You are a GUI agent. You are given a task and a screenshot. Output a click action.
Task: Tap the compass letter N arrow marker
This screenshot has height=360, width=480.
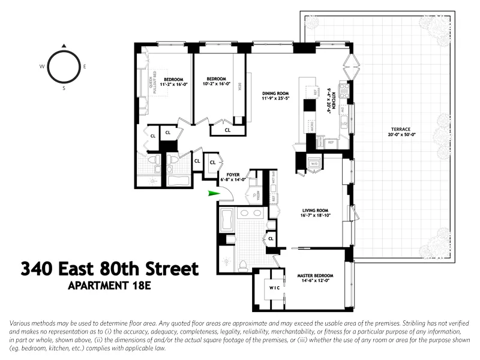(x=64, y=45)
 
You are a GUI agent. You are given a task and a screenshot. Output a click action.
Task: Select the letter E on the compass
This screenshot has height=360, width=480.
(x=85, y=66)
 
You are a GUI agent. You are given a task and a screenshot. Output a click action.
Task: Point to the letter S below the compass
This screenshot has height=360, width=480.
(x=64, y=88)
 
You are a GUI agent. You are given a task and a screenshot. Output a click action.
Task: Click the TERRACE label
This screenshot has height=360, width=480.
(x=398, y=129)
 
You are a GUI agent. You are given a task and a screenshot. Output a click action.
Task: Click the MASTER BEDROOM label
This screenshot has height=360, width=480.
(x=315, y=276)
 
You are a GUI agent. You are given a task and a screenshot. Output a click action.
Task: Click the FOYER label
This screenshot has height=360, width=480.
(x=233, y=175)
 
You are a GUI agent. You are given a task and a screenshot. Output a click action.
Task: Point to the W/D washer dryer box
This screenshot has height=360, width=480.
(x=314, y=163)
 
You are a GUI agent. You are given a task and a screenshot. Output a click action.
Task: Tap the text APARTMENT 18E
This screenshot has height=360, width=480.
(x=111, y=286)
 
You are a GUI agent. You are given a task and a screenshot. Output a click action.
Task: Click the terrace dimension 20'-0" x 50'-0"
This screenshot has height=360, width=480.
(x=398, y=135)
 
